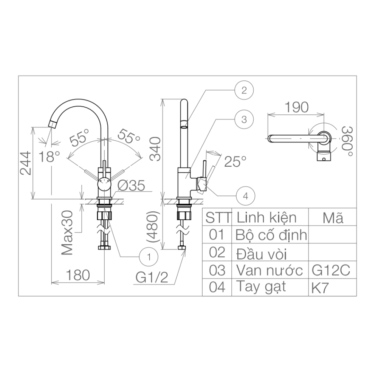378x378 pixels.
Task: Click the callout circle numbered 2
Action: pos(243,90)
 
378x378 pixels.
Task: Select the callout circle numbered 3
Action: pos(243,120)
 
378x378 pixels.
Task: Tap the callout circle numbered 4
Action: pos(245,196)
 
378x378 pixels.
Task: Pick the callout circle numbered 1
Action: pos(149,257)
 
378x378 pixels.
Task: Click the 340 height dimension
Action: pos(155,149)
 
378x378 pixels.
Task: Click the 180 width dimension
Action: pos(77,275)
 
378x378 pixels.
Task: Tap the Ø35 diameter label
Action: pos(131,186)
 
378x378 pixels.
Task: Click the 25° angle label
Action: pos(235,162)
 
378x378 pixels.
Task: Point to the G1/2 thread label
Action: pos(152,278)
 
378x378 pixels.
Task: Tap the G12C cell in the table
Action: pos(331,270)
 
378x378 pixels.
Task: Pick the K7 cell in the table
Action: pos(319,288)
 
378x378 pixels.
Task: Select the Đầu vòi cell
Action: pos(260,253)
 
